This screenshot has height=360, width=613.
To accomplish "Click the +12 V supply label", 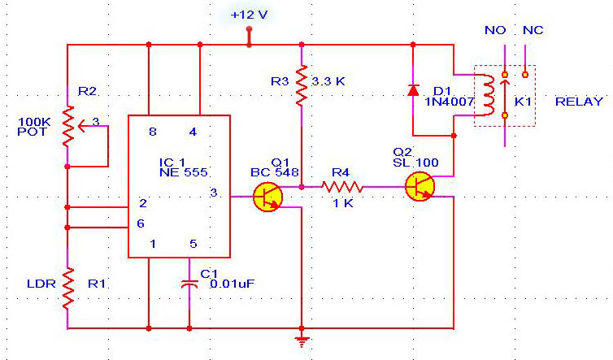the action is click(249, 15).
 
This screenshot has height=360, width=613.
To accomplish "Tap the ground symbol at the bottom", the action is click(302, 341).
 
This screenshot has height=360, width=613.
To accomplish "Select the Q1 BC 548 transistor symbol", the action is click(267, 197).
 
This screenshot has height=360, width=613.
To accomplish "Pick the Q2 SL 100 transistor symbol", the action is click(420, 187).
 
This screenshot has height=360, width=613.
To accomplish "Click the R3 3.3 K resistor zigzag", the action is click(302, 86).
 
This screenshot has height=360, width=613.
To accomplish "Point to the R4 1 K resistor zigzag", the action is click(342, 187).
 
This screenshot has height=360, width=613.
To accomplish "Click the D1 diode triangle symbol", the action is click(413, 90).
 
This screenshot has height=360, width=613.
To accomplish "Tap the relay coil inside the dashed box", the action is click(489, 95).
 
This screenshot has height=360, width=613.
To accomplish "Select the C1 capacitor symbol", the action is click(189, 284).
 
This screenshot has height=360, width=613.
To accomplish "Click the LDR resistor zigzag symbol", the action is click(68, 288).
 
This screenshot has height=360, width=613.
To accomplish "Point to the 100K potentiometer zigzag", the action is click(68, 126).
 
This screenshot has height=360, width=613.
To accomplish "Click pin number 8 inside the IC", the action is click(153, 132).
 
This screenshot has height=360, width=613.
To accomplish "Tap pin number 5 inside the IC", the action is click(193, 244).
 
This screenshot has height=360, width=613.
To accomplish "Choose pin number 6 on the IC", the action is click(141, 223).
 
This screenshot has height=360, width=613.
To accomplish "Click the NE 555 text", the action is click(184, 172).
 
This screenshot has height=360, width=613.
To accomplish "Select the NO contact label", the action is click(495, 30).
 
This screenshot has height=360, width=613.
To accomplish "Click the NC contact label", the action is click(533, 30).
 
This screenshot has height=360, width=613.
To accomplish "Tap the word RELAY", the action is click(580, 102).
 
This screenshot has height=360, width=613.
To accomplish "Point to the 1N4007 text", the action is click(450, 102).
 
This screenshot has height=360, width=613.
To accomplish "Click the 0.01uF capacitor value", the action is click(233, 284).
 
